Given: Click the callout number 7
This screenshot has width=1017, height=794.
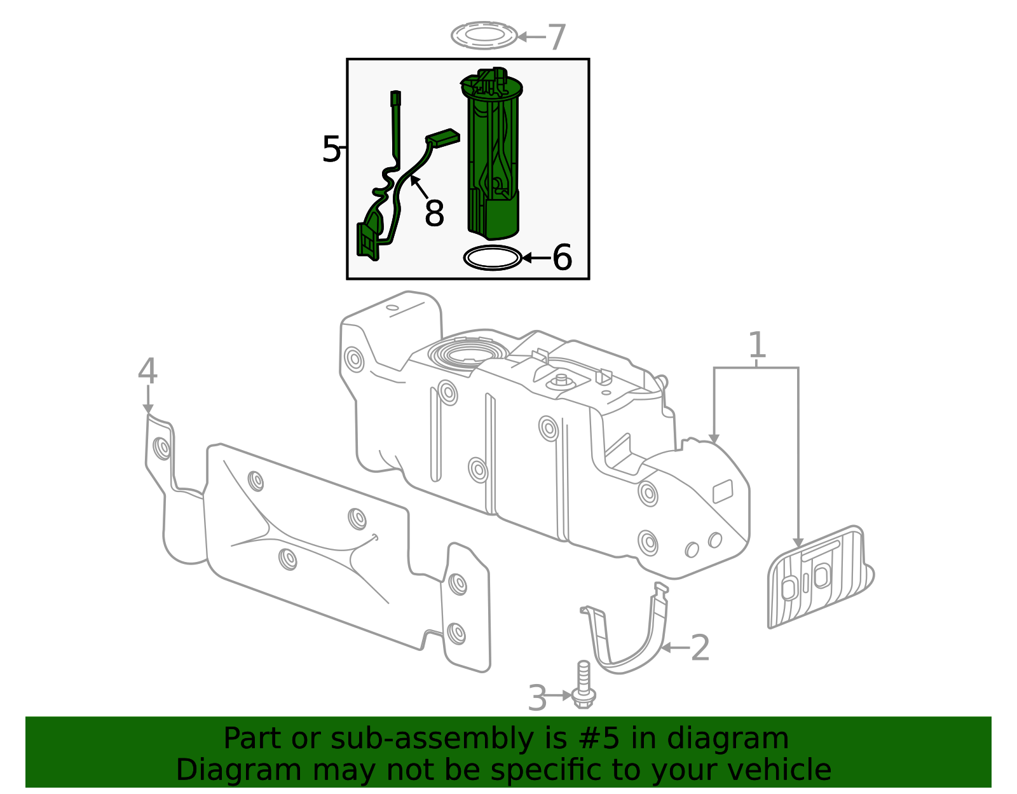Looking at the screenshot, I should pos(556,38).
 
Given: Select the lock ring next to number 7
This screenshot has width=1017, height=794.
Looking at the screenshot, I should pos(484,36).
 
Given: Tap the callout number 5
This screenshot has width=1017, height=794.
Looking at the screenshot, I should pos(331,150).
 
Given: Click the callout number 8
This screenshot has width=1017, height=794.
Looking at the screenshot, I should pos(434,214).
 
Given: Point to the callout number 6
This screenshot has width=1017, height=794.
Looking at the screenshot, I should pos(562,258).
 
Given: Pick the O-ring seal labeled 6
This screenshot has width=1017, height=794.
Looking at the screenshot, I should pos(493,258).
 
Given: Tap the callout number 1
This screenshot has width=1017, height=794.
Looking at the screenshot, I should pos(756,346).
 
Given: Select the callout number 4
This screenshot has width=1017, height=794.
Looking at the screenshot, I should pos(147,371).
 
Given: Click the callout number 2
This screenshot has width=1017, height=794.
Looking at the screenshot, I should pos(699,648).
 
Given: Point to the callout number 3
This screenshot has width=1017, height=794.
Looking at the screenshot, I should pos(537,698).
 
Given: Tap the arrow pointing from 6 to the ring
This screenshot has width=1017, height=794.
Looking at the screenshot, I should pos(535,258).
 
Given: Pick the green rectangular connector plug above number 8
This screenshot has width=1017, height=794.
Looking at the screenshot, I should pos(442,138).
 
